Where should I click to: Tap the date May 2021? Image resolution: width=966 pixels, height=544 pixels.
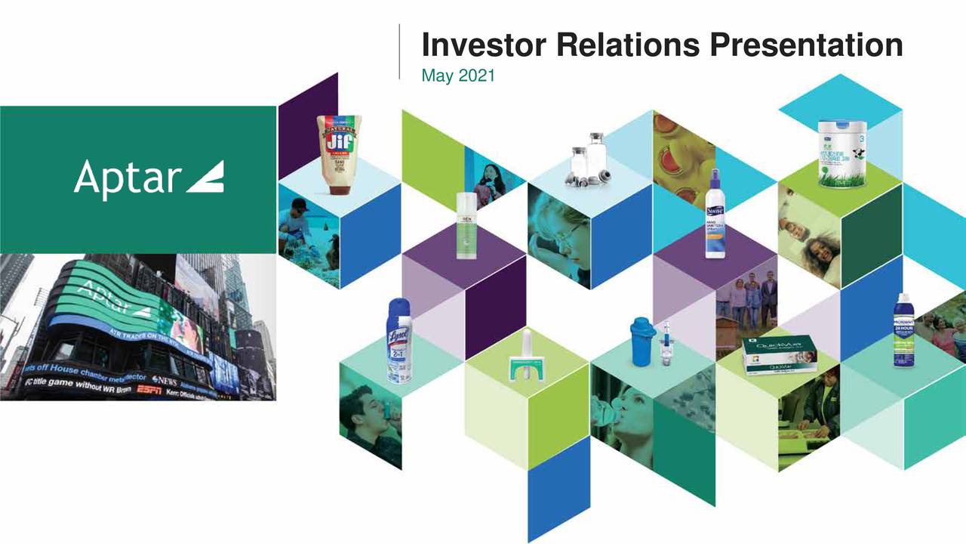pos(457,76)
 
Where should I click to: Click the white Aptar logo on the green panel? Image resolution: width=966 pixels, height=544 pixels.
pos(149,179)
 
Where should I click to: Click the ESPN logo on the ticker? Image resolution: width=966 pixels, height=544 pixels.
pos(148,390)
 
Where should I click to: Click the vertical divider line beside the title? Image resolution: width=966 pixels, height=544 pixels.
pos(399,51)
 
